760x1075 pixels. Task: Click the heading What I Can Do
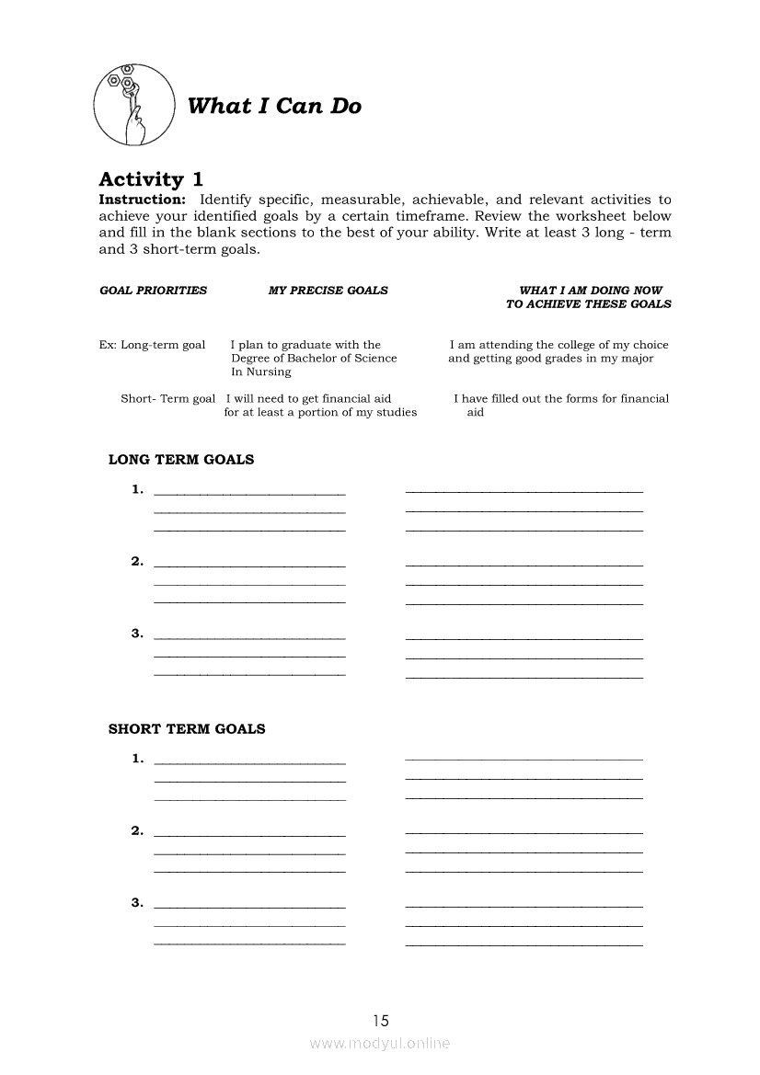273,106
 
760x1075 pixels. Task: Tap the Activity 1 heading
151,179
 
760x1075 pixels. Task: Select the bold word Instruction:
143,200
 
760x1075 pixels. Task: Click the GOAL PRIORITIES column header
153,291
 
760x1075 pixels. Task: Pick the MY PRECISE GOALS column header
328,291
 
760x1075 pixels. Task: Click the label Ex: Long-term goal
152,345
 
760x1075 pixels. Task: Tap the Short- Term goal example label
167,398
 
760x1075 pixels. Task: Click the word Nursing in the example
268,372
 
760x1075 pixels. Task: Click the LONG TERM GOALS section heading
181,460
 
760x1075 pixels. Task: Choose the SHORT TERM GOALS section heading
187,729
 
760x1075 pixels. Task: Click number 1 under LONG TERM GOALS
137,489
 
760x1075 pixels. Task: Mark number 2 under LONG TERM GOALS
137,561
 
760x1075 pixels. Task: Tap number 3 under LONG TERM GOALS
137,633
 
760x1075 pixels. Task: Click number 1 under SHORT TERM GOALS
137,759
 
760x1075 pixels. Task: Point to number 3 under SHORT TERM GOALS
137,902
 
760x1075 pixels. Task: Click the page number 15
381,1020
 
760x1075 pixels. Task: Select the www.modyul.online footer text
380,1044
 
